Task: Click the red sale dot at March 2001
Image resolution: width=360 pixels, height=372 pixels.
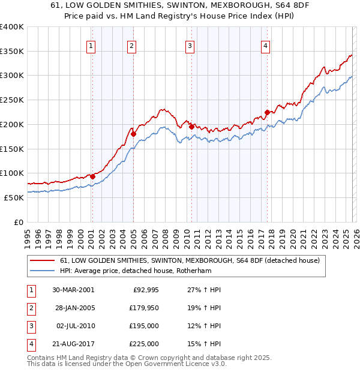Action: coord(92,176)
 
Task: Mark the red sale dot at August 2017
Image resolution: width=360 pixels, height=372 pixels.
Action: coord(267,112)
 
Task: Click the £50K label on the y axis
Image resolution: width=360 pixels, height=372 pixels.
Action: coord(14,197)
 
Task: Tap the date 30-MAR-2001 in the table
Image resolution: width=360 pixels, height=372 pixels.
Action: coord(73,290)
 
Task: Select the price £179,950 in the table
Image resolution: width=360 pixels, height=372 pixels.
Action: coord(142,308)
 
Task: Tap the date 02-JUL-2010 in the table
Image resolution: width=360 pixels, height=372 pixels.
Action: coord(75,326)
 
